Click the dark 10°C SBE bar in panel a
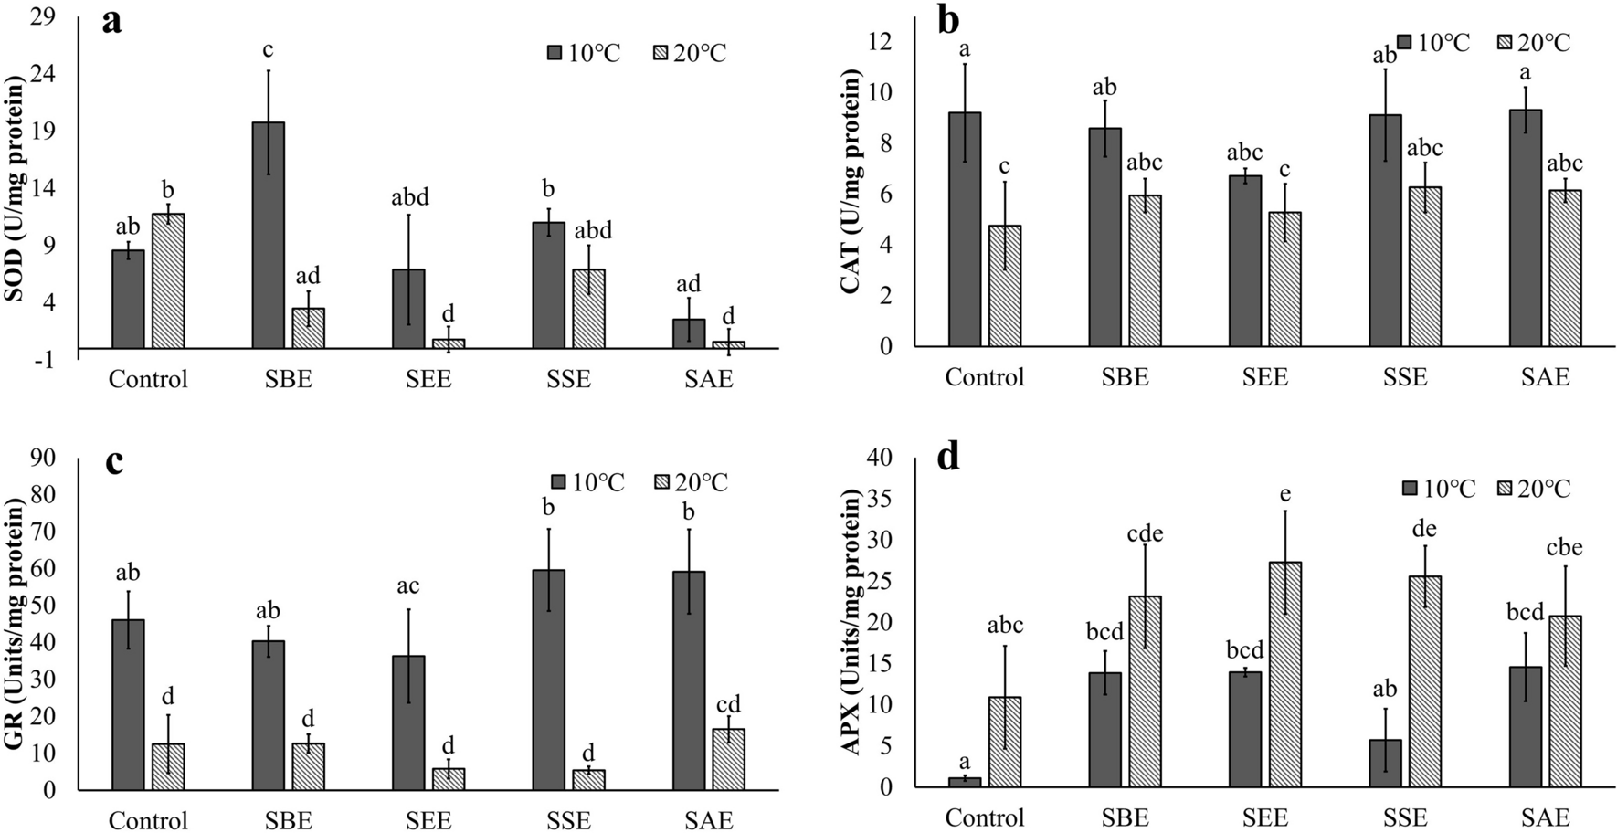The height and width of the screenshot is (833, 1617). tap(268, 235)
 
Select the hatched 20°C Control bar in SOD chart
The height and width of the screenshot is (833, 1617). tap(168, 280)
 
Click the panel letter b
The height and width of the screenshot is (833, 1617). tap(949, 20)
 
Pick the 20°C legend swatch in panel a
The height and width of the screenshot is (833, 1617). tap(661, 53)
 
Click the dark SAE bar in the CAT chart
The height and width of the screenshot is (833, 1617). tap(1525, 227)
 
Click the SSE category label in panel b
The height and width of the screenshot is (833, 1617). tap(1405, 377)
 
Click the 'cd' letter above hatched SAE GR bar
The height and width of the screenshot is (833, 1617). tap(728, 704)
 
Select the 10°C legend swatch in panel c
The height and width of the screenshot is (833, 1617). tap(558, 482)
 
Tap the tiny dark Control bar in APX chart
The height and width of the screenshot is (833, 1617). tap(965, 782)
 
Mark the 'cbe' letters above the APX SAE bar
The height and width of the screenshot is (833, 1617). tap(1565, 548)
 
